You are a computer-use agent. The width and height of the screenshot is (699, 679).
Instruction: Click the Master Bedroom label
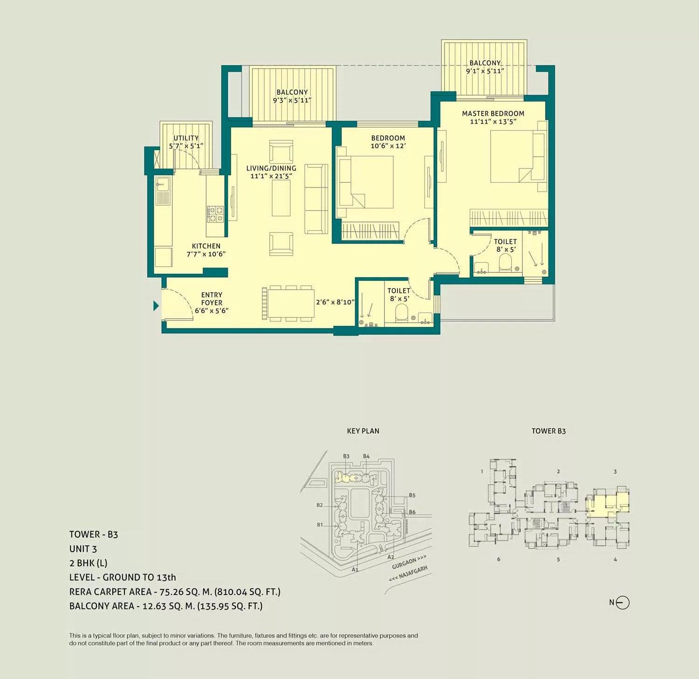point(493,113)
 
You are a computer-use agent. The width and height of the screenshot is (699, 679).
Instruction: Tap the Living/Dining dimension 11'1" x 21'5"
point(271,176)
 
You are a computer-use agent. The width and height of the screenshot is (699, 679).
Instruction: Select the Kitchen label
point(206,246)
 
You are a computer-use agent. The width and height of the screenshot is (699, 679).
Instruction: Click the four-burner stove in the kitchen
point(215,214)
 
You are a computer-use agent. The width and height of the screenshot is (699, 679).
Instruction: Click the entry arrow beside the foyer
point(156,306)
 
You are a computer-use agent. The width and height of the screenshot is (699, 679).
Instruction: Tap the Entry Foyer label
point(212,298)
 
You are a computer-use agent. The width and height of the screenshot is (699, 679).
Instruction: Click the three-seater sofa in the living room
point(316,199)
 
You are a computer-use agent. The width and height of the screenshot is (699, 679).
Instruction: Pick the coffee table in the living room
point(281,198)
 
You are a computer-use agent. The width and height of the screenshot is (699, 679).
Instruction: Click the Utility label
point(186,138)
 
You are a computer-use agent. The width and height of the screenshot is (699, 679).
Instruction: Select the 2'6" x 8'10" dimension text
point(335,302)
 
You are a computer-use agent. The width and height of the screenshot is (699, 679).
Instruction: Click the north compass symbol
point(623,603)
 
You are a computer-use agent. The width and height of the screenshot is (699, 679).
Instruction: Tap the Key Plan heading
point(363,431)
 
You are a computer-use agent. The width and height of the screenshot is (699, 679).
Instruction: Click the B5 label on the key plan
point(412,495)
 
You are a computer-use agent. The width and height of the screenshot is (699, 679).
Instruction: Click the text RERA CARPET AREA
point(110,592)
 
